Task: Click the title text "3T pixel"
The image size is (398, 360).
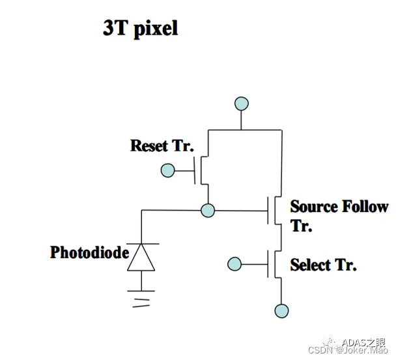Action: tap(140, 29)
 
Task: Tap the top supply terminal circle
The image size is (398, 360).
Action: tap(242, 103)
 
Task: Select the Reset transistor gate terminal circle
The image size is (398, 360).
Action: tap(167, 171)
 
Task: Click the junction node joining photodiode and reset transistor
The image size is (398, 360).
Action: tap(208, 210)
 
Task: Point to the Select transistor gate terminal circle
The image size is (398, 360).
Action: tap(234, 264)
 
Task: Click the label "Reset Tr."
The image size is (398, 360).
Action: tap(162, 145)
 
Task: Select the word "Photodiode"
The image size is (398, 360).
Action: tap(89, 252)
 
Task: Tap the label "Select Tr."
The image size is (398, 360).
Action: tap(324, 265)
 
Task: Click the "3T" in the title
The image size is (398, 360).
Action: tap(116, 29)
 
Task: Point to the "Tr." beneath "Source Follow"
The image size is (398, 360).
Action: tap(302, 226)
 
